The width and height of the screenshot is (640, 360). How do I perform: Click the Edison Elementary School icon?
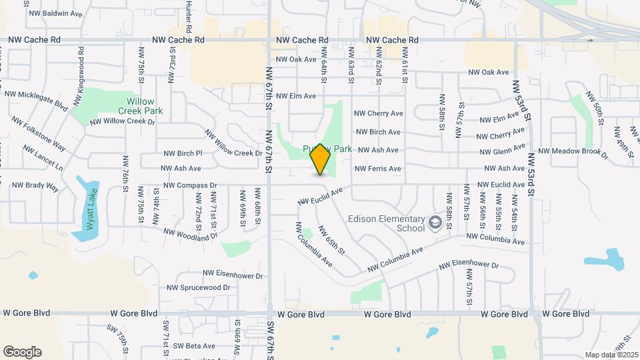coord(436,223)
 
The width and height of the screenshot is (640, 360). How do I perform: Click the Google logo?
coord(22,352)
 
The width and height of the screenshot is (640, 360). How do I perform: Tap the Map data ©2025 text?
coord(611,355)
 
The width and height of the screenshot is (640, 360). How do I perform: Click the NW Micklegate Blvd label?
coord(37,100)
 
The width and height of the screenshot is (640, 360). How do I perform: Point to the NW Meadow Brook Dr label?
coord(573,153)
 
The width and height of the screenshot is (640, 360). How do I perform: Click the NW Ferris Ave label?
coord(378,169)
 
